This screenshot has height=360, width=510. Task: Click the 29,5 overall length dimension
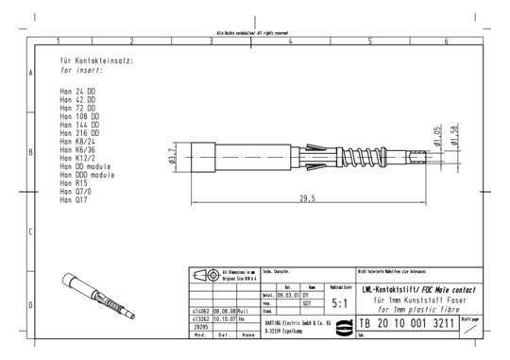pyautogui.click(x=308, y=198)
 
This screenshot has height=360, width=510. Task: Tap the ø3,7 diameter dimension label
pyautogui.click(x=173, y=155)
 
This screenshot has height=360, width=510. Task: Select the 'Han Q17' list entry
pyautogui.click(x=74, y=200)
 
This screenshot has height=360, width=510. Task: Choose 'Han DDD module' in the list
pyautogui.click(x=88, y=175)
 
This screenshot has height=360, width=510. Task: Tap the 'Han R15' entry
pyautogui.click(x=74, y=183)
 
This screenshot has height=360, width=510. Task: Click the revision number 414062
pyautogui.click(x=199, y=310)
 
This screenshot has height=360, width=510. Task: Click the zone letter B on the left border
pyautogui.click(x=31, y=151)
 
